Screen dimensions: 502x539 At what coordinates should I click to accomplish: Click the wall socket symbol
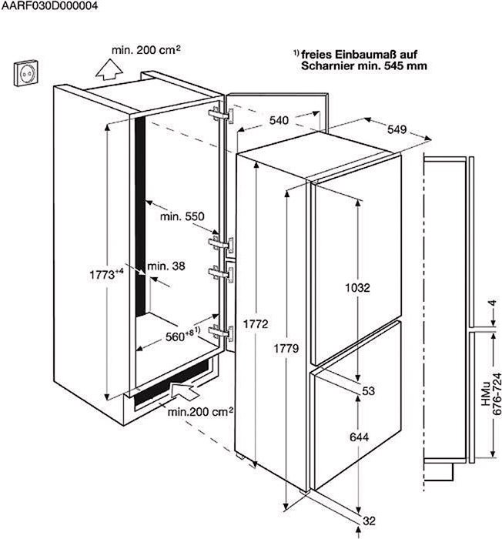click(26, 73)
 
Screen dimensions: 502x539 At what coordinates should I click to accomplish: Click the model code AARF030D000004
click(49, 5)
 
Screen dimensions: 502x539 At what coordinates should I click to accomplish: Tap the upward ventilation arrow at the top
click(109, 70)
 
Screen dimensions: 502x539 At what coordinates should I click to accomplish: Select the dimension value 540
click(279, 120)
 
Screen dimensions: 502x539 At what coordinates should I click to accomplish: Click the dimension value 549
click(397, 129)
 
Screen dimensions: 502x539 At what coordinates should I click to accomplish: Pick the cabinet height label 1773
click(106, 274)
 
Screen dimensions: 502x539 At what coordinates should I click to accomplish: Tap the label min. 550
click(182, 216)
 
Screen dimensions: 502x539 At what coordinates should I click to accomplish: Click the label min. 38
click(166, 266)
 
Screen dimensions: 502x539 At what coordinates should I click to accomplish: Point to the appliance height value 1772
click(255, 323)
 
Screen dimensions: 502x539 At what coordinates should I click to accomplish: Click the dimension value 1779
click(286, 349)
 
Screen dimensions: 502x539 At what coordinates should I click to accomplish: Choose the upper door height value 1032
click(357, 287)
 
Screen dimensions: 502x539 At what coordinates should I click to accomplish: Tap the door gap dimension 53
click(368, 391)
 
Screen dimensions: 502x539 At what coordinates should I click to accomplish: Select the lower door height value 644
click(359, 437)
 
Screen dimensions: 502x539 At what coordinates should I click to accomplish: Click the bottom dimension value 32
click(369, 521)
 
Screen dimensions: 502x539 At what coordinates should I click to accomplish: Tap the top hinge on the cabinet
click(221, 115)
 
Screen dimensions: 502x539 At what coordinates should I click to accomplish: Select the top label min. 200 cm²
click(146, 50)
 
